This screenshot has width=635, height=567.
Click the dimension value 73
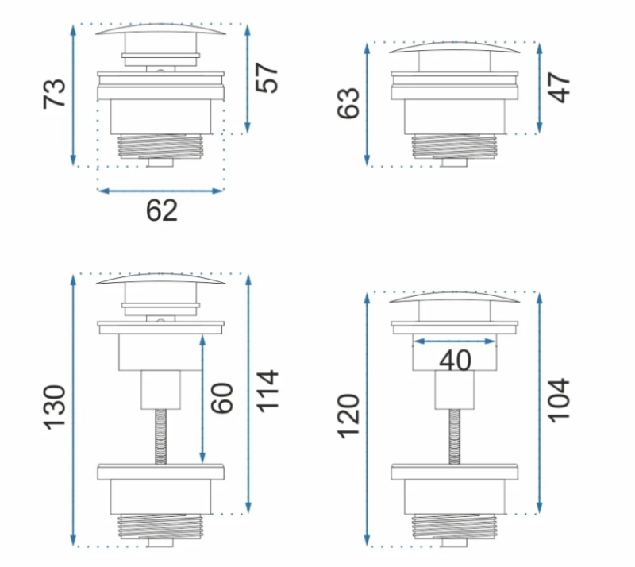(54, 94)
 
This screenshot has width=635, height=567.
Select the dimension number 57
(267, 78)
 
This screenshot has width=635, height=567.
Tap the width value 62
(162, 210)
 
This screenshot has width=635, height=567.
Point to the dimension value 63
(348, 103)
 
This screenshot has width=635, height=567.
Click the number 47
(559, 87)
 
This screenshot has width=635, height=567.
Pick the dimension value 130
(55, 407)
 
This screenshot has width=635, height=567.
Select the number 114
(267, 391)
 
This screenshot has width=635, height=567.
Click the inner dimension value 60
(222, 398)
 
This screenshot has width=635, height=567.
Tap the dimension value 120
(348, 416)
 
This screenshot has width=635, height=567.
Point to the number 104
(560, 400)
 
